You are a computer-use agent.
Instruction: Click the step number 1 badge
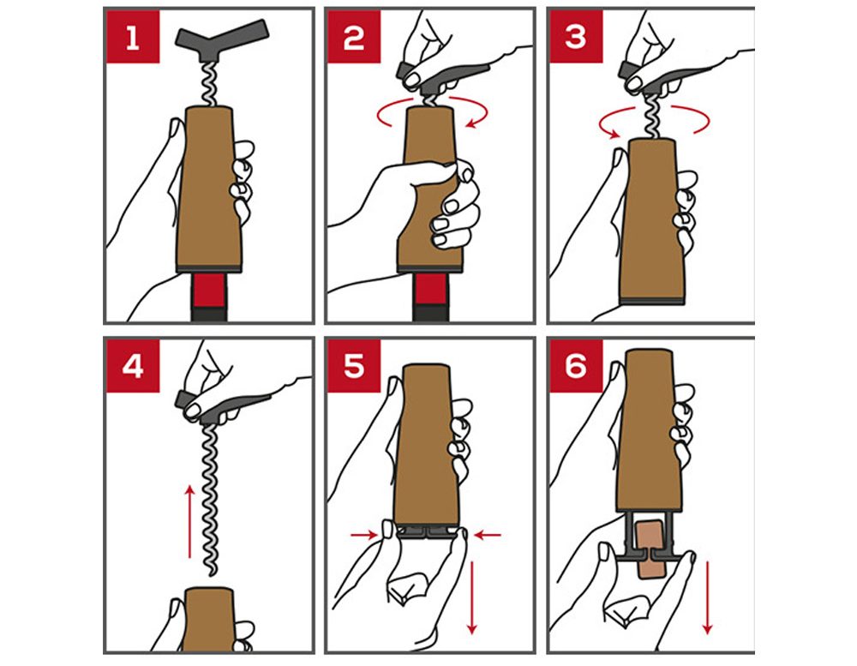tap(133, 37)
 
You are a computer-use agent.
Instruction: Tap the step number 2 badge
tap(354, 37)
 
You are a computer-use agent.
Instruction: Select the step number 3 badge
tap(576, 37)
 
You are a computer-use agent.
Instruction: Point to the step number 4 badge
tap(133, 366)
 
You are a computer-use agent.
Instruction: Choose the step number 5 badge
tap(354, 366)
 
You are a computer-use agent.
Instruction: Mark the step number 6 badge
tap(576, 366)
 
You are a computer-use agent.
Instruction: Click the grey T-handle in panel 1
tap(222, 40)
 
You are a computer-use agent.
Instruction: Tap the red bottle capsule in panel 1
tap(209, 291)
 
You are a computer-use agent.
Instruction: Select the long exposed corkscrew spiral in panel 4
tap(210, 499)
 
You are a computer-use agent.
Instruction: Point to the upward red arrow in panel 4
tap(189, 521)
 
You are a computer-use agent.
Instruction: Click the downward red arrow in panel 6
tap(707, 597)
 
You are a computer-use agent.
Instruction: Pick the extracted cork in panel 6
tap(650, 549)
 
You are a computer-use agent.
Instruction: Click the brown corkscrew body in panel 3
tap(651, 221)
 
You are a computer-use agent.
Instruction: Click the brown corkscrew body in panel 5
tap(427, 446)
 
